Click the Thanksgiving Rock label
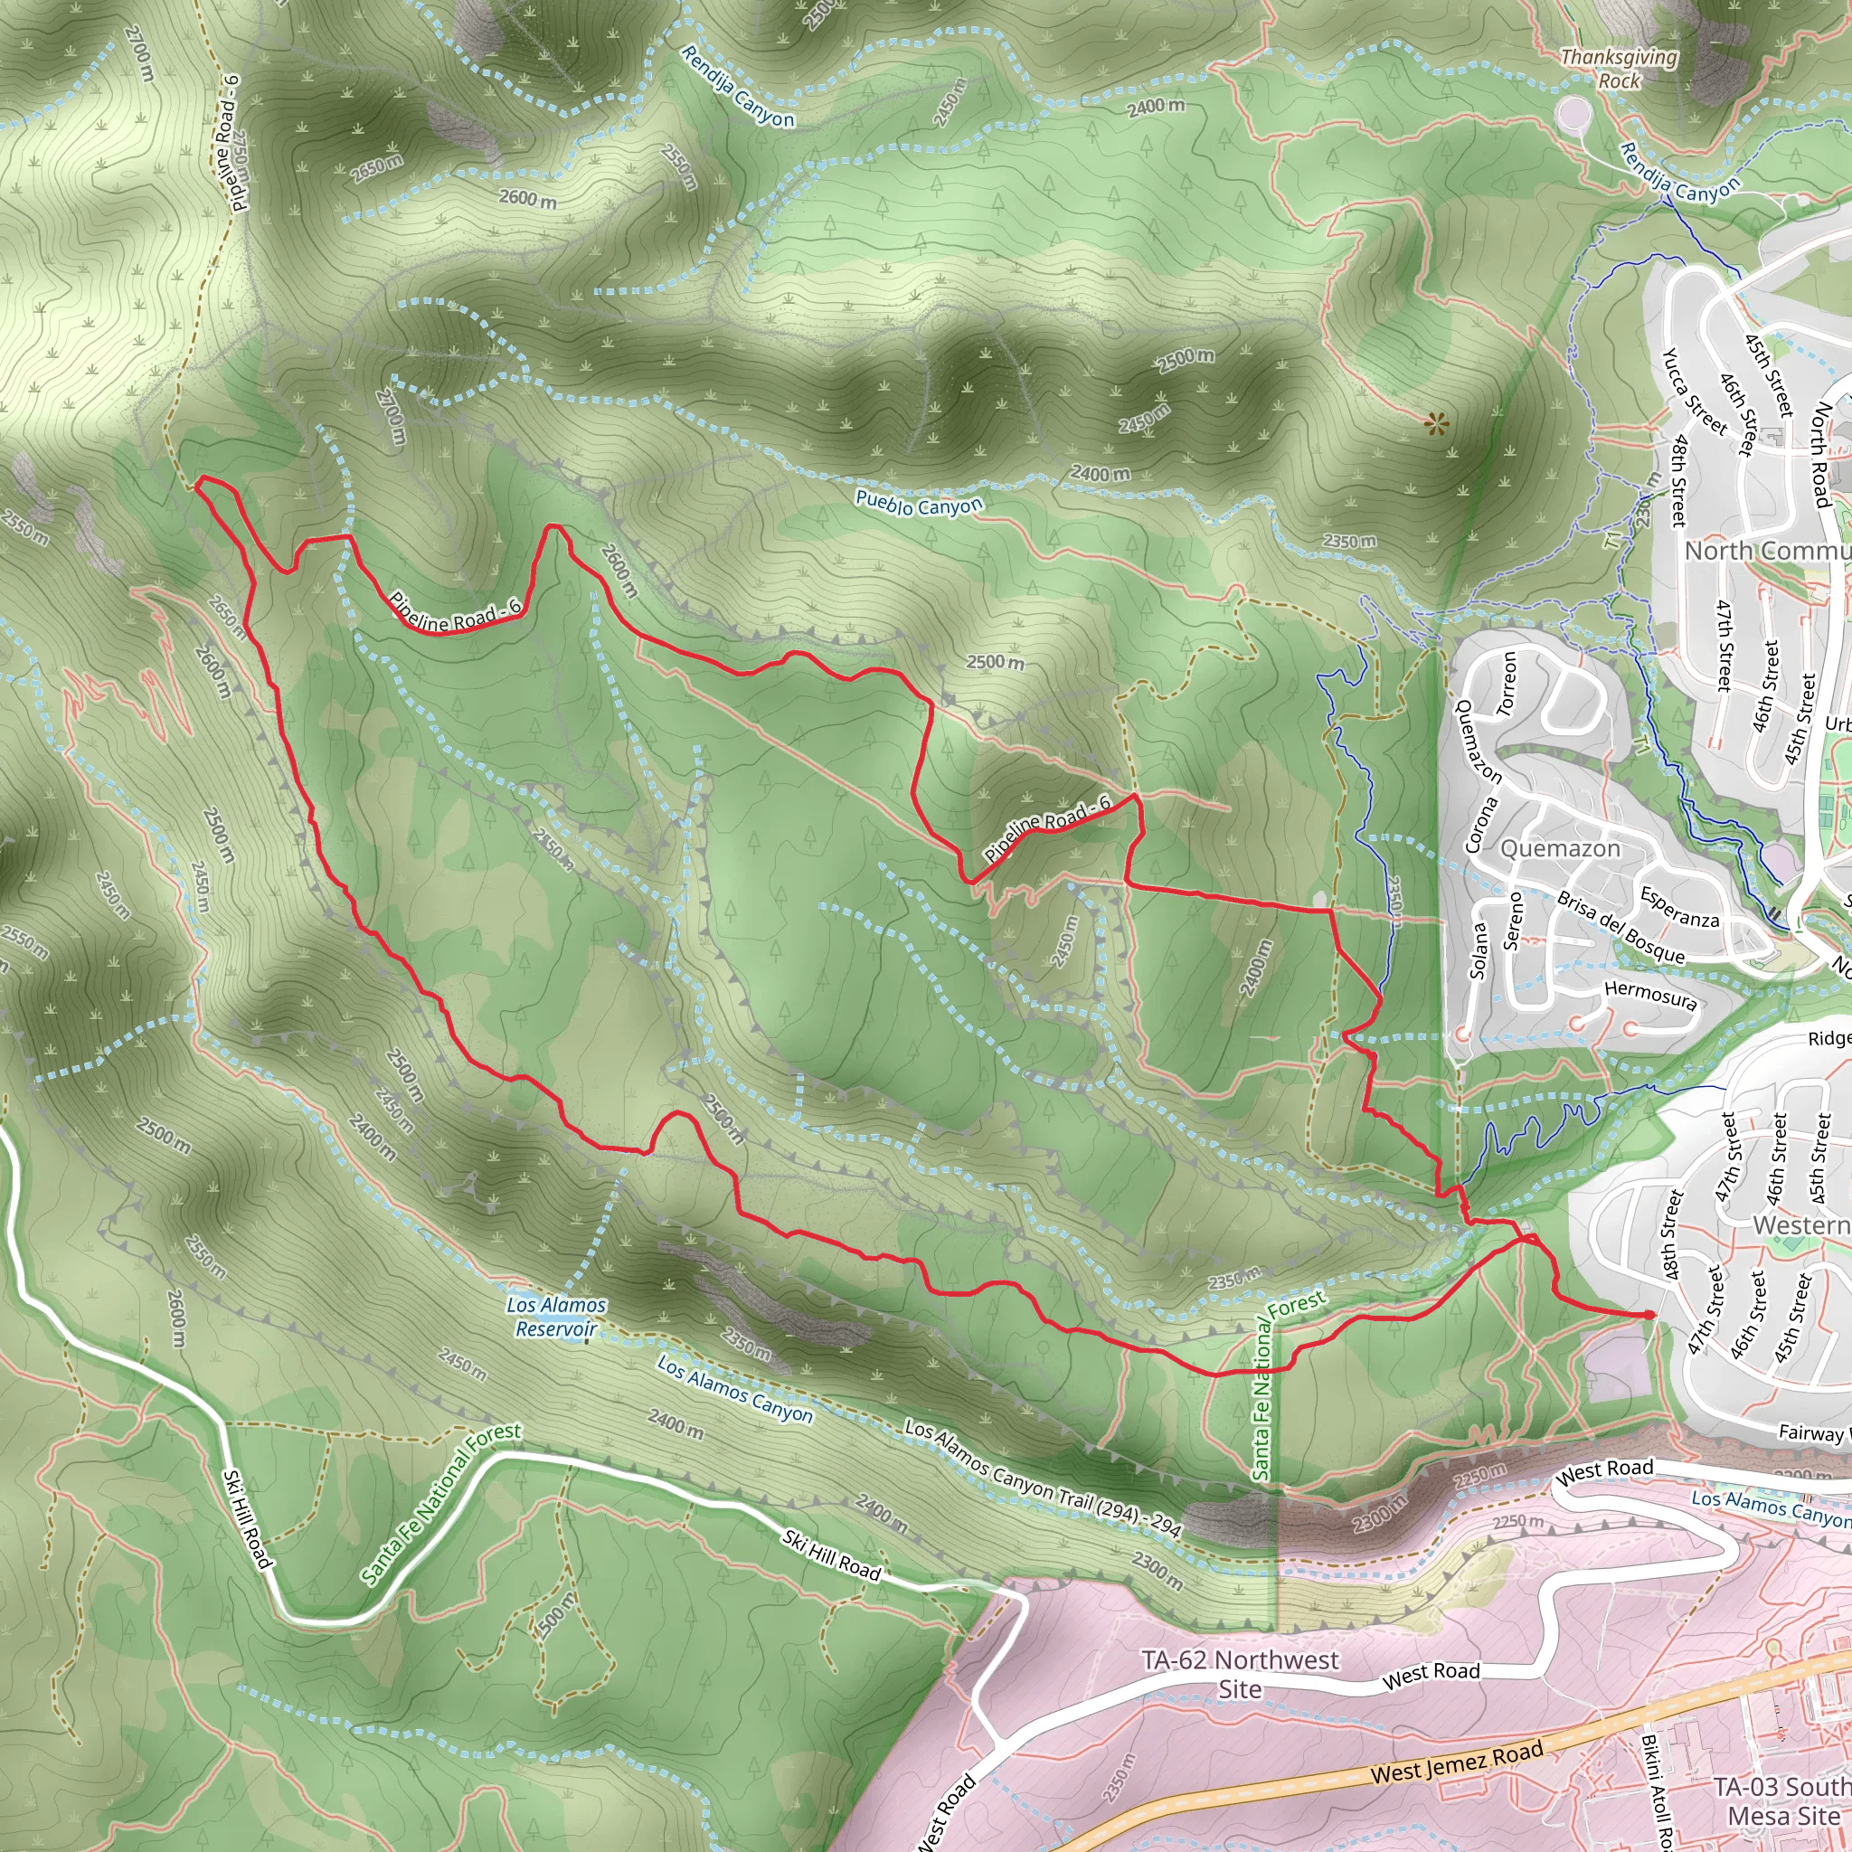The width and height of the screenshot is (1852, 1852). click(x=1619, y=69)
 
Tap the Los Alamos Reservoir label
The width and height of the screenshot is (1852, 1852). click(x=556, y=1316)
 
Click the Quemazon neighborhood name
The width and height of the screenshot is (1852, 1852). click(x=1560, y=848)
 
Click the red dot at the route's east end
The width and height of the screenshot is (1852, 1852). click(x=1648, y=1314)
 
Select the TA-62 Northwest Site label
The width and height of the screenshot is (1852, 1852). click(x=1240, y=1674)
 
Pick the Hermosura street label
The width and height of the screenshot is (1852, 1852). click(x=1649, y=995)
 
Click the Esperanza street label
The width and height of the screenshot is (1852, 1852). click(x=1679, y=907)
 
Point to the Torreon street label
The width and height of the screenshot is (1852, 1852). click(x=1507, y=684)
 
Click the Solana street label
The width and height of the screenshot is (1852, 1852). click(x=1479, y=950)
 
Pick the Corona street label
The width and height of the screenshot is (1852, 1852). click(x=1480, y=825)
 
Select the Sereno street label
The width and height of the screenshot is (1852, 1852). click(x=1512, y=921)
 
